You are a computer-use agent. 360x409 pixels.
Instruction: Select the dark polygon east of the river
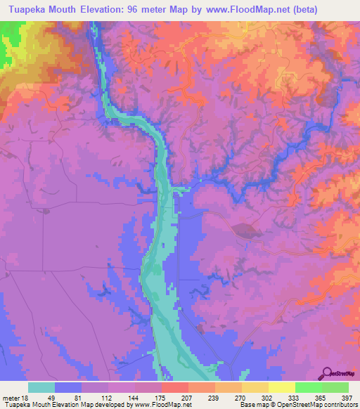(245, 229)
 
